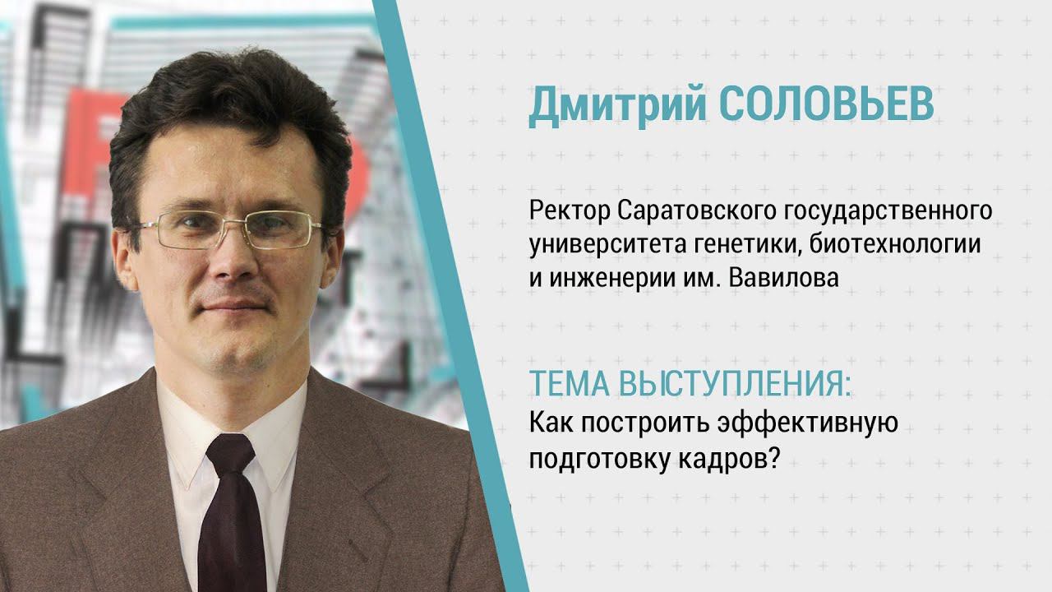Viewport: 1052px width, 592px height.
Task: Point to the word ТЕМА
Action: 565,384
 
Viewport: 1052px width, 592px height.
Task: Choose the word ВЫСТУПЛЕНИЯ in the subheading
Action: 731,384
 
